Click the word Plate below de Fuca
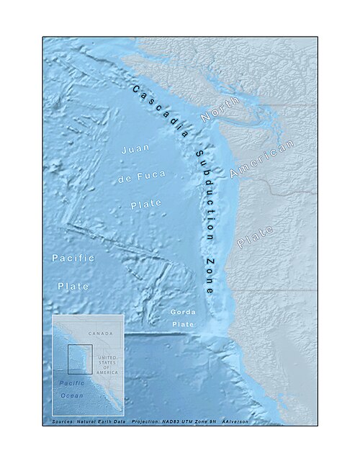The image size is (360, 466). tap(146, 205)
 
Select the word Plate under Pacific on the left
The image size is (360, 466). tap(73, 286)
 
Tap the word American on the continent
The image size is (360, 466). tap(262, 159)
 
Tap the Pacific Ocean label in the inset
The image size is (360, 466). tap(71, 390)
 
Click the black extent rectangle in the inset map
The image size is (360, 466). tap(79, 359)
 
